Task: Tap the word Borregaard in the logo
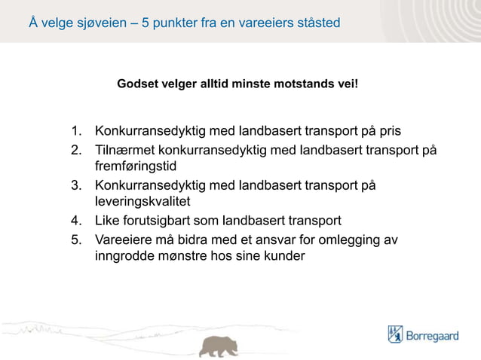click(x=433, y=335)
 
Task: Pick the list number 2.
click(x=76, y=149)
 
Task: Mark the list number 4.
click(x=76, y=221)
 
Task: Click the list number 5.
click(x=76, y=240)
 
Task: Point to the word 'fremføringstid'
click(x=135, y=166)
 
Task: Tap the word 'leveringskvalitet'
click(x=141, y=202)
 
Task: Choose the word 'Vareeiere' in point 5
click(x=121, y=240)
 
